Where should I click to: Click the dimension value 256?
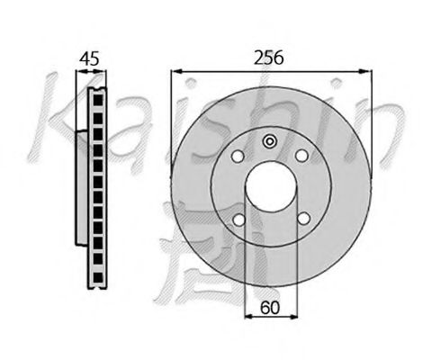click(268, 58)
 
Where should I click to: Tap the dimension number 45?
click(89, 58)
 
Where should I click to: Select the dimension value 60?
click(270, 308)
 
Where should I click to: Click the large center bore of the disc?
click(272, 186)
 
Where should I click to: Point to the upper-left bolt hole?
click(238, 157)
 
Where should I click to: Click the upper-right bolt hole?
click(301, 156)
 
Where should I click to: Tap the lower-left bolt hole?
click(239, 220)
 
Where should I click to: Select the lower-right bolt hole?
click(304, 219)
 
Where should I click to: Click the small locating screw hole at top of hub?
click(270, 141)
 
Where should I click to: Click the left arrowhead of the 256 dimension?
click(176, 71)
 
